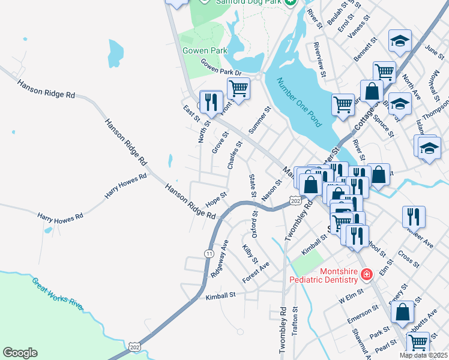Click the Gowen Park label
tap(205, 50)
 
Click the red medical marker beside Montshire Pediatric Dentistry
tap(367, 275)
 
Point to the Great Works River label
tap(57, 292)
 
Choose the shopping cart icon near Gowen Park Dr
tap(238, 89)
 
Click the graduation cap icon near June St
tap(400, 41)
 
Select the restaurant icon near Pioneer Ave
tap(414, 216)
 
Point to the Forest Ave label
tap(256, 272)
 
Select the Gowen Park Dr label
tap(220, 68)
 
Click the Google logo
tap(20, 353)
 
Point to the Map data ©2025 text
tap(424, 355)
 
